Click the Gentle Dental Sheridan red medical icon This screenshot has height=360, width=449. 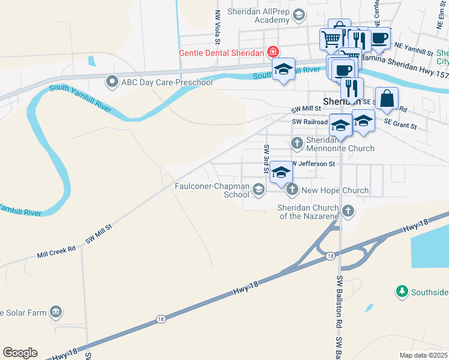tap(273, 52)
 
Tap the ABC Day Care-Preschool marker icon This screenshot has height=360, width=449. tap(112, 82)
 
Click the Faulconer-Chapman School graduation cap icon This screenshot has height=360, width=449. tap(259, 190)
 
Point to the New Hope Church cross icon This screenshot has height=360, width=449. tap(292, 190)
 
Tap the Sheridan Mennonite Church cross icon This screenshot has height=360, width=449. tap(297, 143)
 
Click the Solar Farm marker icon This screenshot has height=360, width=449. tap(56, 312)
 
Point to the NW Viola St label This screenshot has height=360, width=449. tap(218, 27)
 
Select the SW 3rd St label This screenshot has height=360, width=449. tap(264, 159)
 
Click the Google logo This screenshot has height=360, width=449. tap(20, 353)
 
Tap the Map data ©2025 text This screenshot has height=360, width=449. tap(423, 355)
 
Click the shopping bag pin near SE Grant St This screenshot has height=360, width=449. tap(387, 98)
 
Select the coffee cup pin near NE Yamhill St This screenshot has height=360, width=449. tap(379, 38)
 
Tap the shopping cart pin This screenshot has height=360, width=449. tap(331, 40)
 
